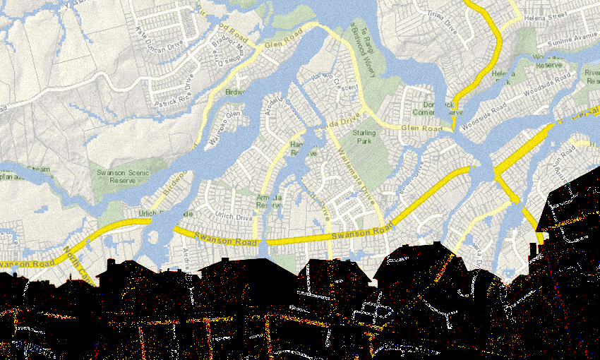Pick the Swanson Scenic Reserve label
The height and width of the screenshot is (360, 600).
117,176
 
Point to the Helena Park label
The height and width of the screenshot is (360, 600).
504,77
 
